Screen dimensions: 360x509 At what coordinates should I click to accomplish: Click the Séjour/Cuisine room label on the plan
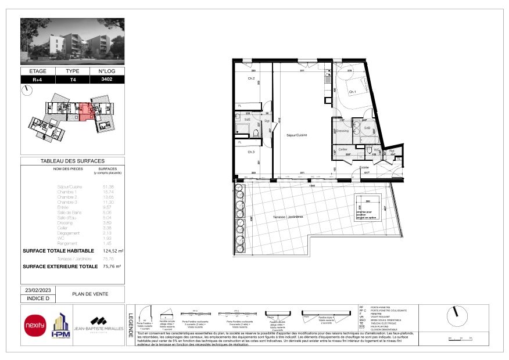(x=296, y=135)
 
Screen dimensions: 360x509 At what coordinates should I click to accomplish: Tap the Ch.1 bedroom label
(x=352, y=92)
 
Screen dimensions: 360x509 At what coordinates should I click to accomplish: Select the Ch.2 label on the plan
(x=252, y=78)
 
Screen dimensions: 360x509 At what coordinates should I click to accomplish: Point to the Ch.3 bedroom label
(x=251, y=152)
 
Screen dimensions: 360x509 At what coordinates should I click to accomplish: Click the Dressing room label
(x=342, y=131)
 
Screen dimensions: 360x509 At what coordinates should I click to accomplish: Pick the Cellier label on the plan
(x=343, y=149)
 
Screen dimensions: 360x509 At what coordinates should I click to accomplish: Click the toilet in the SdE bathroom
(x=256, y=132)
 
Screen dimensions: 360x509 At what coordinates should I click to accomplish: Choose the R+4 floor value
(x=38, y=80)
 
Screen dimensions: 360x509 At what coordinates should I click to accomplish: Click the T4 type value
(x=73, y=80)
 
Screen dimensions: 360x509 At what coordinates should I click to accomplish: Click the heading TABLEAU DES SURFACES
(x=73, y=161)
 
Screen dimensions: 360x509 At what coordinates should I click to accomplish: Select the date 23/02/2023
(x=38, y=290)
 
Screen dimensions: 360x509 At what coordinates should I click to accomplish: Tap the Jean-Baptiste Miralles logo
(x=96, y=325)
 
